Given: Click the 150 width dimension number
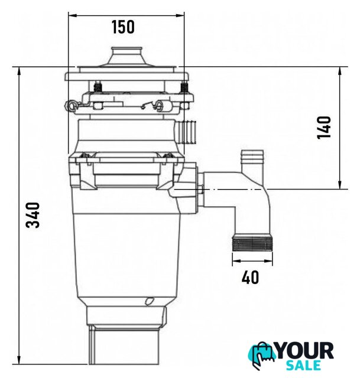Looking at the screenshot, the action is (123, 27).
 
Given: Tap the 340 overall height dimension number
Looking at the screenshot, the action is (33, 215).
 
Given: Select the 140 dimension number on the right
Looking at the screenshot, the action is (323, 128).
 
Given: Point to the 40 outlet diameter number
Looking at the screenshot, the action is (250, 277).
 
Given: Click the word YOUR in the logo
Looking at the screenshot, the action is (305, 351).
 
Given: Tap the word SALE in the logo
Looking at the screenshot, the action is (303, 365).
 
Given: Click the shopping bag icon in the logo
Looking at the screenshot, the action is (262, 354).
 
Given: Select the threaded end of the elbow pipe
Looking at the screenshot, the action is (252, 244).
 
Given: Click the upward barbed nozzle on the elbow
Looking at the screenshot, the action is (252, 161).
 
